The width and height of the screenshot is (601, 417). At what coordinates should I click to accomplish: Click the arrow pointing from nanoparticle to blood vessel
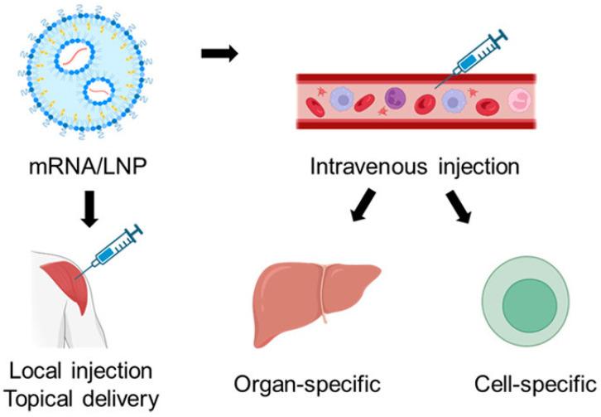(219, 56)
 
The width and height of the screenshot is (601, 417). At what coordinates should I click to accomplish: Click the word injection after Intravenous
(474, 167)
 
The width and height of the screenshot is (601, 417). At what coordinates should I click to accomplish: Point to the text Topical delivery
(80, 397)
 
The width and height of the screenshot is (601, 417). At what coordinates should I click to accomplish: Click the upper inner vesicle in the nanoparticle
(70, 55)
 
